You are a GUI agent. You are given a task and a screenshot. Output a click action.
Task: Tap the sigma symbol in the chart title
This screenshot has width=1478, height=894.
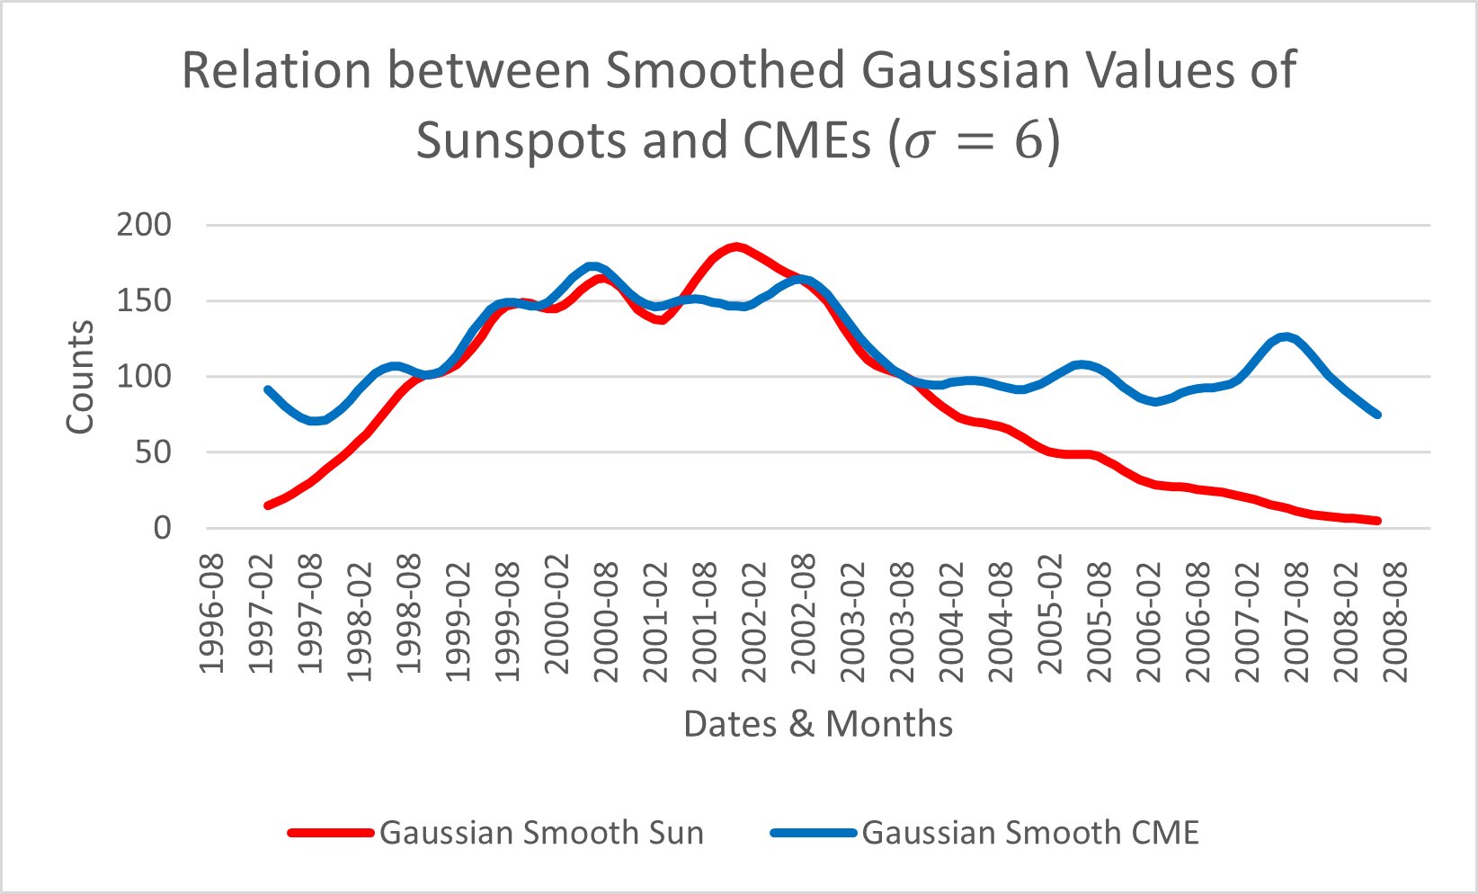[920, 144]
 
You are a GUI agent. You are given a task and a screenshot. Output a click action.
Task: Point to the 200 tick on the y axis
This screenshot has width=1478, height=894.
[144, 225]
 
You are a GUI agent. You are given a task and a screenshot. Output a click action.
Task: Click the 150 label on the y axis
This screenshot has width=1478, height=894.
[144, 300]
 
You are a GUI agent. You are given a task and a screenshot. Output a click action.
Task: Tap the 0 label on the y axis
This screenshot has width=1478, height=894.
[162, 528]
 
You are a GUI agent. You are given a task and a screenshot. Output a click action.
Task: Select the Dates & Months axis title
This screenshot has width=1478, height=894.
[818, 724]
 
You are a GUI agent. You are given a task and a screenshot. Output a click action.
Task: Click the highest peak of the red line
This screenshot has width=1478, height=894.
[736, 246]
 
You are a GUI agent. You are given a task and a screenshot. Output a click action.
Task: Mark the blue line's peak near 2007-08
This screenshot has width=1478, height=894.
[1288, 337]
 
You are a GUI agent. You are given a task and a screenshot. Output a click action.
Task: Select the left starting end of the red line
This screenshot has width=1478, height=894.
[267, 505]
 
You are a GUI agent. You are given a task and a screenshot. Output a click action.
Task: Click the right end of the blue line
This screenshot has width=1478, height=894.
[1377, 415]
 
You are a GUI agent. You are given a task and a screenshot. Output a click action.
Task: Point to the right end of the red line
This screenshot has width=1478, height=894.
[1377, 521]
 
